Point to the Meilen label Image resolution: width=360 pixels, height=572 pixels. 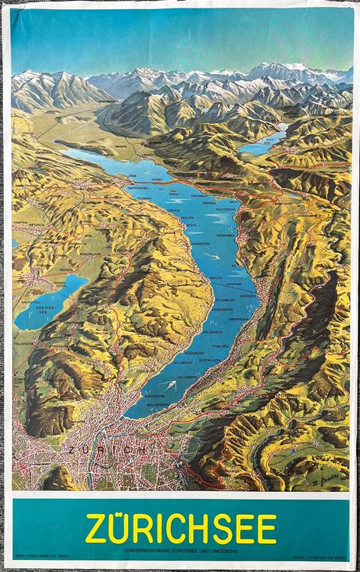pos(216,278)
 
